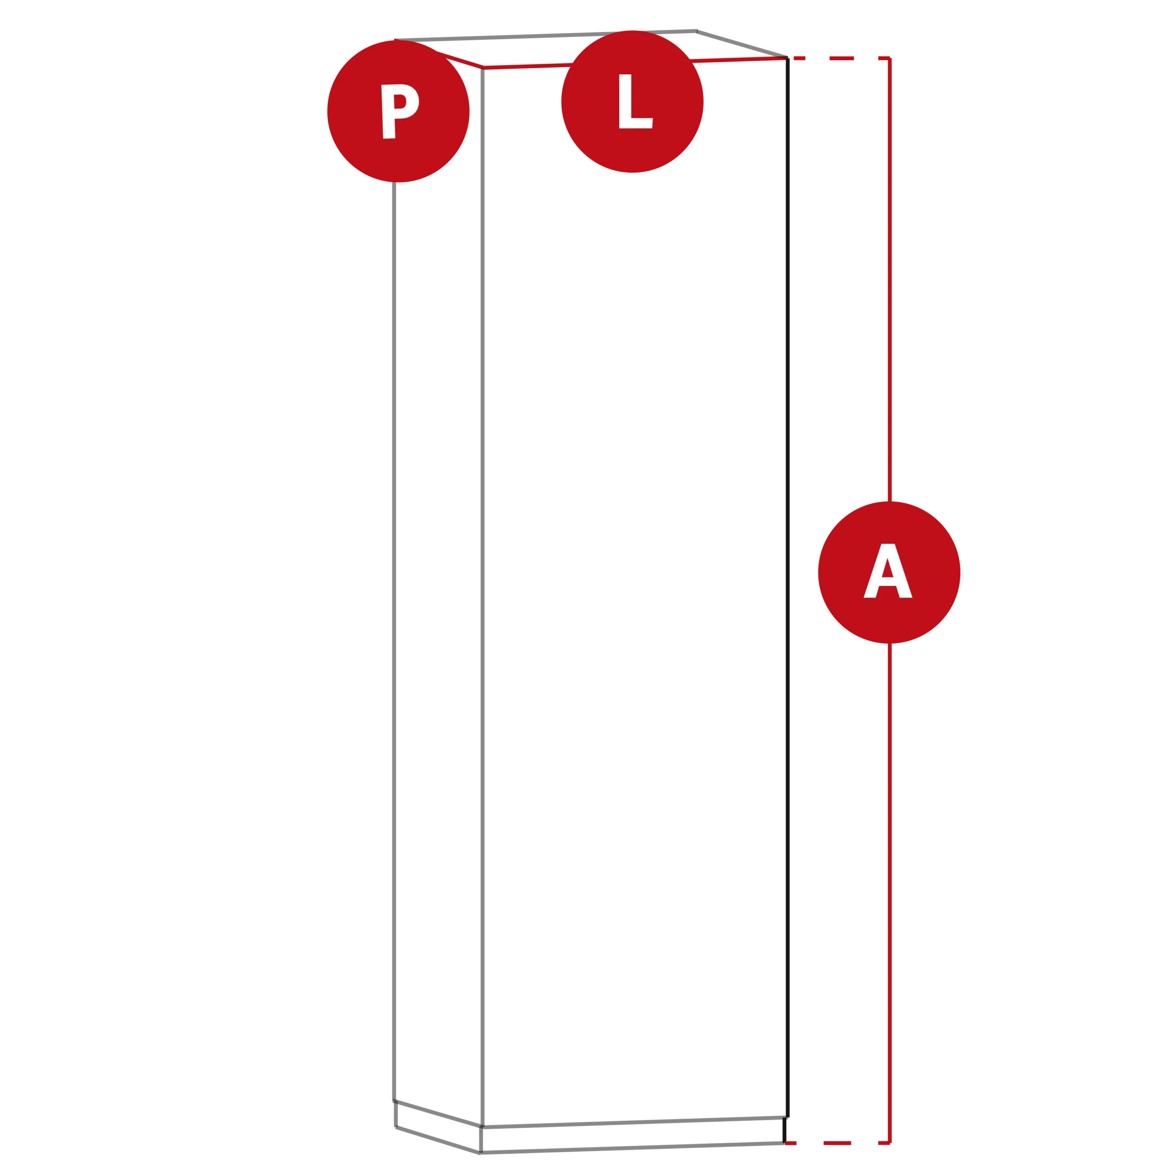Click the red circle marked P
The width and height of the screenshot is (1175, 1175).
tap(398, 111)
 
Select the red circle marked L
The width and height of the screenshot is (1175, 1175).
tap(632, 101)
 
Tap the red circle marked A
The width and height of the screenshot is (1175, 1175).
tap(889, 572)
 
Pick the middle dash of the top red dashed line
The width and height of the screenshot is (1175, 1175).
tap(841, 58)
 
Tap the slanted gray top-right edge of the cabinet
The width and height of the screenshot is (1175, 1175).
tap(742, 45)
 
